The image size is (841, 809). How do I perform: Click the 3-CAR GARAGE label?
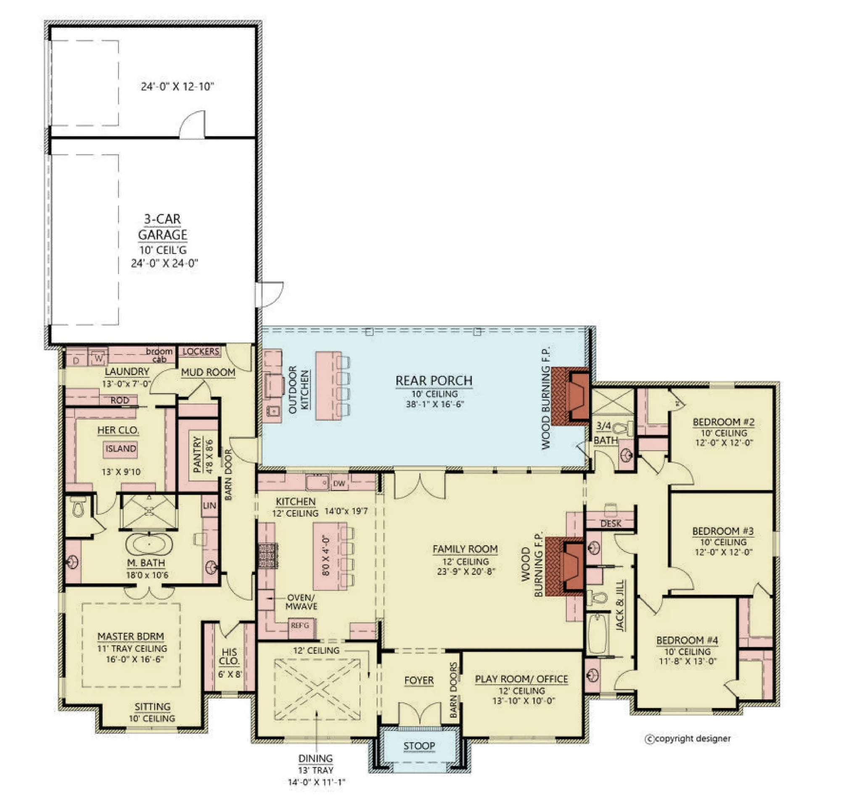click(x=163, y=227)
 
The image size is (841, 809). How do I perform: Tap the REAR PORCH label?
click(x=434, y=381)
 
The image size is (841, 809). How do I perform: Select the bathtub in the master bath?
click(x=149, y=544)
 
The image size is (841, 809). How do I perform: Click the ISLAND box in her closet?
click(x=121, y=449)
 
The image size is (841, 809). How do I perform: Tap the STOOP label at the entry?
click(x=419, y=746)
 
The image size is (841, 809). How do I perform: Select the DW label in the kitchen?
click(x=339, y=484)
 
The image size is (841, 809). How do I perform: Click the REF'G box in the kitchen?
click(x=300, y=626)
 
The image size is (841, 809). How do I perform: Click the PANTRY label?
click(x=197, y=454)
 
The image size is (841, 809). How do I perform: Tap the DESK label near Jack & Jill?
click(x=611, y=524)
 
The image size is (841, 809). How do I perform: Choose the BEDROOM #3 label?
click(x=723, y=531)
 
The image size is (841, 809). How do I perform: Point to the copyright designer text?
click(x=688, y=739)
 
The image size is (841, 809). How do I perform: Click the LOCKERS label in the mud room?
click(x=201, y=352)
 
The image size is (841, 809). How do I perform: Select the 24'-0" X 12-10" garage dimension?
click(x=177, y=87)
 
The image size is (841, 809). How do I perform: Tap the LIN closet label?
click(x=209, y=506)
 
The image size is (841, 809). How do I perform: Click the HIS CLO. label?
click(x=229, y=656)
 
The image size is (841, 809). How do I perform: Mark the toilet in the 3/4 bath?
click(x=621, y=428)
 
